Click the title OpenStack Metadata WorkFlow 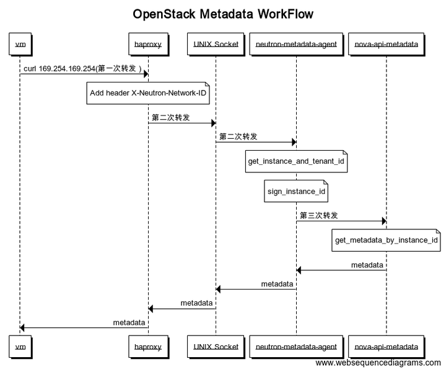[223, 14]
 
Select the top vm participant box [20, 45]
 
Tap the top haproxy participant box [148, 45]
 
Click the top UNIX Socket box [216, 45]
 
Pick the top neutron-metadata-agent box [296, 45]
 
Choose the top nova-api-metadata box [386, 45]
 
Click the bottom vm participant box [20, 347]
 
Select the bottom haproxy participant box [148, 347]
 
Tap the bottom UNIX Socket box [216, 347]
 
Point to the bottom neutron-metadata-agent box [296, 347]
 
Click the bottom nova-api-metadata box [386, 347]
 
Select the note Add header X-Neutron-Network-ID [148, 93]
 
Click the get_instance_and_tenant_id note [296, 161]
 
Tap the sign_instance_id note [296, 192]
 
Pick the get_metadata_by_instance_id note [387, 240]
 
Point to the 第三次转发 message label [319, 215]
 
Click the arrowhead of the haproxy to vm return [23, 327]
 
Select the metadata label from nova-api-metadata [367, 265]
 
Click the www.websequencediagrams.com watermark [378, 363]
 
